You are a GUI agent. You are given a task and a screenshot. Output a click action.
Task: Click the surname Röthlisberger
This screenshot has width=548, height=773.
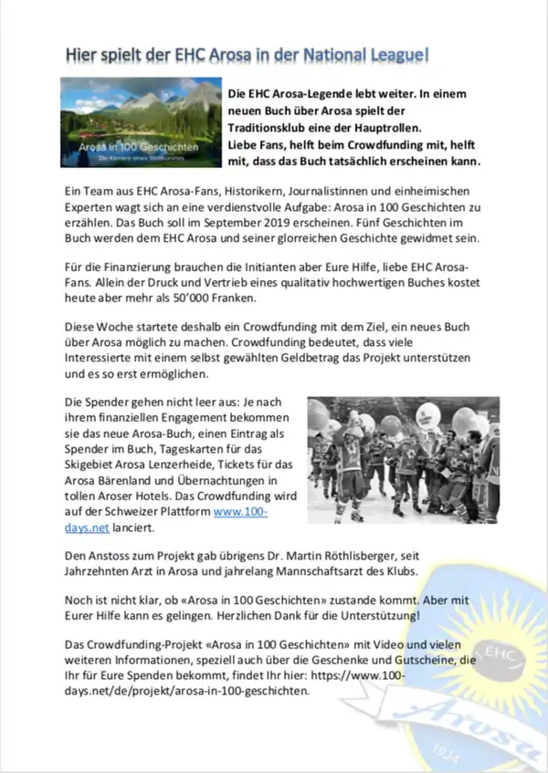coord(375,554)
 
